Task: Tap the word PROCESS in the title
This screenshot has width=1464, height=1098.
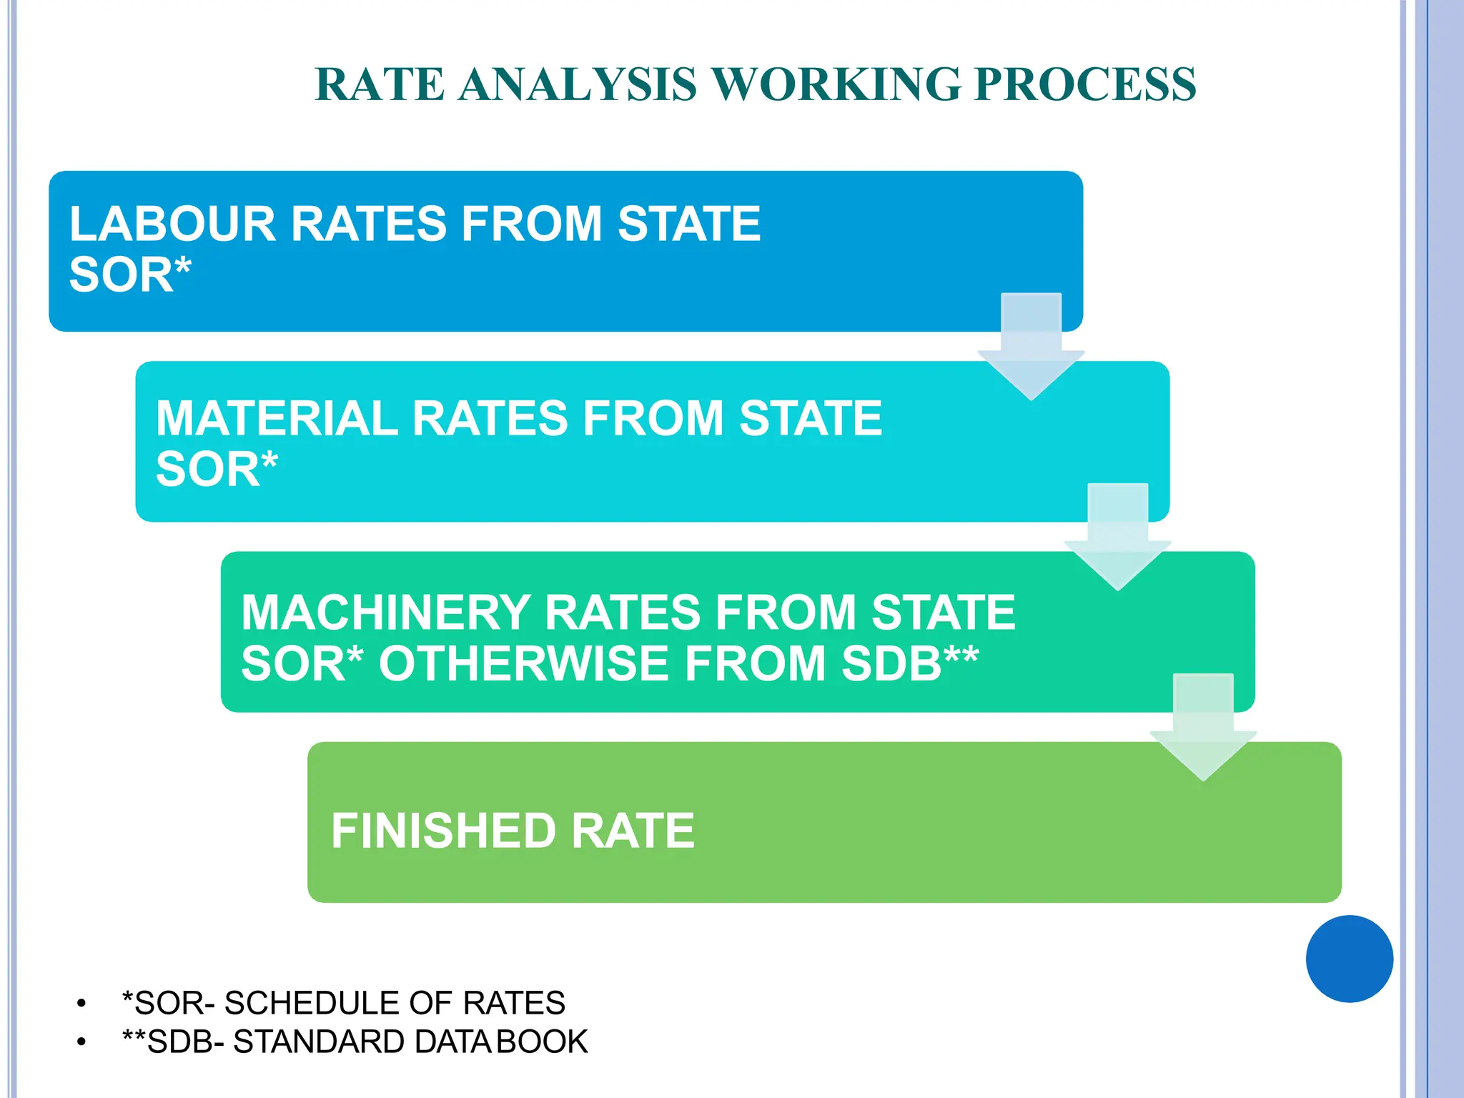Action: [1085, 84]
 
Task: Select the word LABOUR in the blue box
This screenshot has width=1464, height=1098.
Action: [172, 224]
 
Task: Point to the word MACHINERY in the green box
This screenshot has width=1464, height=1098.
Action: [385, 613]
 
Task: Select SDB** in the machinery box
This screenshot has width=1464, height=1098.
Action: [909, 664]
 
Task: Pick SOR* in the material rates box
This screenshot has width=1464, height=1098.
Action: [217, 470]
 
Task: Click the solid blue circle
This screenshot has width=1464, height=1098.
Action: [1349, 959]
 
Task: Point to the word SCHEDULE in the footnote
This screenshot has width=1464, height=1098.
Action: [310, 1003]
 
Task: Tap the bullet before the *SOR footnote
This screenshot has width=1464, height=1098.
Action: [81, 1004]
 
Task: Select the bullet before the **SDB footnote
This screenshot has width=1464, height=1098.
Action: [81, 1042]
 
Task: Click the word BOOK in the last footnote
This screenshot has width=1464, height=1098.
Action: [542, 1042]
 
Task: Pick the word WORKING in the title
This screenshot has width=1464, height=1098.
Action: [836, 84]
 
